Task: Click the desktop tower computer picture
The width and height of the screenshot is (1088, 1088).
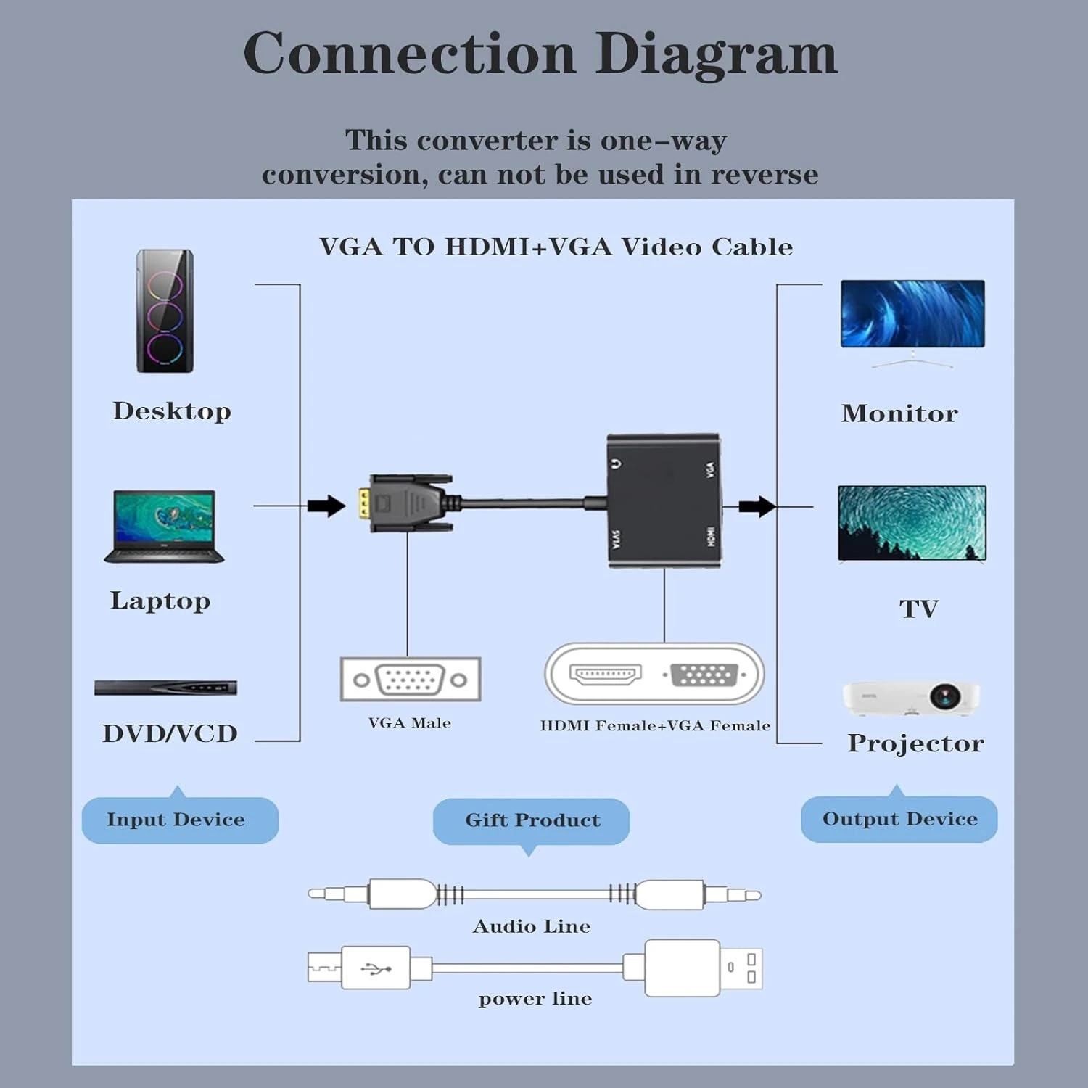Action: point(165,311)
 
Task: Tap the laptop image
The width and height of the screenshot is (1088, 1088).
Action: point(164,526)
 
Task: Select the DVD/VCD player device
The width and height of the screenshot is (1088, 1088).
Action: point(165,688)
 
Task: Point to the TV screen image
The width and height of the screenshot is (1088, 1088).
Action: point(912,523)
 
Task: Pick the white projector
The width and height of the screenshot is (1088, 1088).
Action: point(912,698)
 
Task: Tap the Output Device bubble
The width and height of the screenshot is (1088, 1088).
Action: point(899,819)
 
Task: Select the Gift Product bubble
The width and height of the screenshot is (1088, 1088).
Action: point(531,820)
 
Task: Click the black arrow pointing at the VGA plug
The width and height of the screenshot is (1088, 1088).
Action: point(326,506)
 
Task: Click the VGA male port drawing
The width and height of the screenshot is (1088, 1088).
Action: point(410,680)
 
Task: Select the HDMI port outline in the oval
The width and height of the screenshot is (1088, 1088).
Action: point(606,674)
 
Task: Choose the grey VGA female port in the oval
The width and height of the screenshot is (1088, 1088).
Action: point(704,675)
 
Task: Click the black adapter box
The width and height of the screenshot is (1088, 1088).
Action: point(664,500)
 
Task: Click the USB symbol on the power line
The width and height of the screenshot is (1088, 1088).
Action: point(376,968)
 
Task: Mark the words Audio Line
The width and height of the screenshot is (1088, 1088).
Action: point(532,926)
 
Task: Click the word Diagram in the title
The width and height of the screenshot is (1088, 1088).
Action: point(716,54)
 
